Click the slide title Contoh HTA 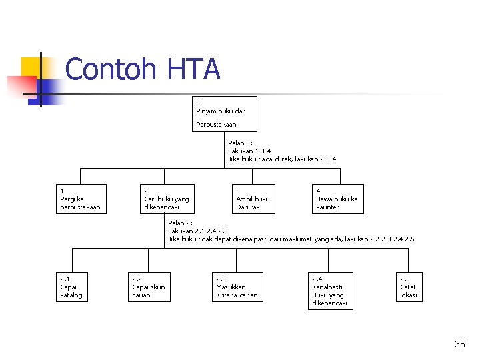click(x=143, y=69)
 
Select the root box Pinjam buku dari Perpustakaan click(x=225, y=114)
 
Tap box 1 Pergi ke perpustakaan click(x=81, y=199)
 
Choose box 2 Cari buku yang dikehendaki click(x=167, y=199)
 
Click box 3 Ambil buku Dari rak click(x=253, y=199)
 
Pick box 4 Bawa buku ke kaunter click(x=337, y=199)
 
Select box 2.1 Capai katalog click(x=72, y=287)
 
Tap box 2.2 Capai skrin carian click(x=149, y=287)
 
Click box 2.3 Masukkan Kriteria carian click(x=237, y=287)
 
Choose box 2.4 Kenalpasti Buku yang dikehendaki click(x=331, y=291)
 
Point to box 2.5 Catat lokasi click(x=409, y=287)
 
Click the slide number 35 click(x=460, y=344)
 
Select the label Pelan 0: click(x=240, y=143)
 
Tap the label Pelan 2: click(x=180, y=223)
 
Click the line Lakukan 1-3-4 click(x=249, y=151)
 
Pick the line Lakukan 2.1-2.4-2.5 click(x=198, y=231)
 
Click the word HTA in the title click(x=194, y=69)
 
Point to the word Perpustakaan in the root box click(x=216, y=125)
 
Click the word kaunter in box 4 click(x=327, y=207)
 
